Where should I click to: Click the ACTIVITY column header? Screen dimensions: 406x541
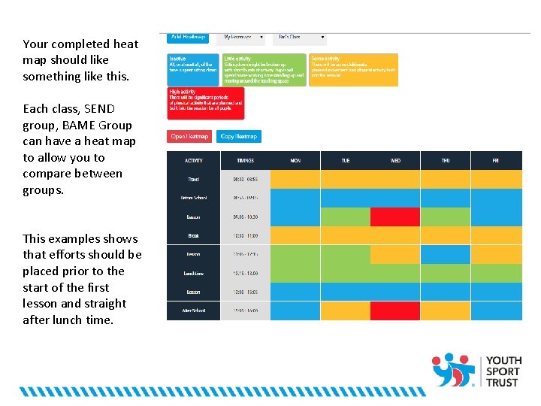194,160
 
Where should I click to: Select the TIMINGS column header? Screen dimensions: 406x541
245,160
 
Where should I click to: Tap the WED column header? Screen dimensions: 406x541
395,160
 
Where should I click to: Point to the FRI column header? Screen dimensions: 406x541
496,160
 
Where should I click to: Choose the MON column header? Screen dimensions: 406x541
295,160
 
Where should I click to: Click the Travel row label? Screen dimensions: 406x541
194,179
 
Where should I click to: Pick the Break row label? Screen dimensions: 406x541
194,235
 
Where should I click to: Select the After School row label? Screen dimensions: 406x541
194,311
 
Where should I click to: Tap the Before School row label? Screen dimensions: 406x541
194,198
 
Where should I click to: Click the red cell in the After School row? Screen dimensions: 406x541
395,311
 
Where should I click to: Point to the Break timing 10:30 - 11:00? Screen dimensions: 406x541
245,235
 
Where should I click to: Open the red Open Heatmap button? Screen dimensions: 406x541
190,136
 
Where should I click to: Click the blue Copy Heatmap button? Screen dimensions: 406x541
239,136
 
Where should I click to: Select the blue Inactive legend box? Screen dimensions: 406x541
194,69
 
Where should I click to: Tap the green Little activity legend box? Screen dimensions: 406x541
264,69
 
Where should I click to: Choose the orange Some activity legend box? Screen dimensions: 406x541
353,69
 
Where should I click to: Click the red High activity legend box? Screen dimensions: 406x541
205,103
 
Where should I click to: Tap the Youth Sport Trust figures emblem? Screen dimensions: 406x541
453,369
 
